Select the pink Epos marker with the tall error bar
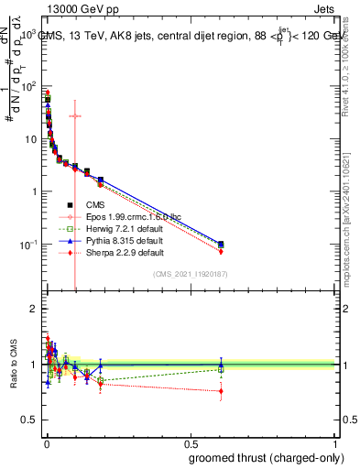point(75,115)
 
